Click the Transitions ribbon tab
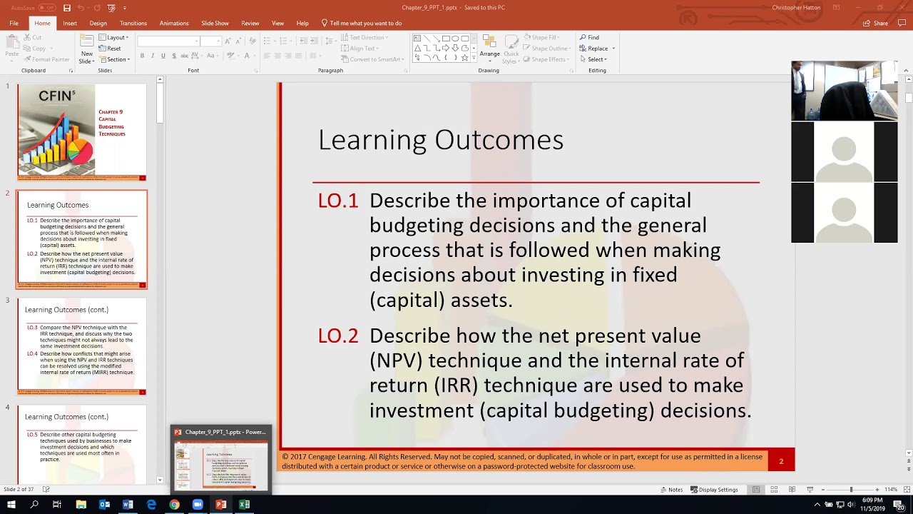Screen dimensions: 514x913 coord(133,23)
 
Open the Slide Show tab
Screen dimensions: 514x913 coord(215,23)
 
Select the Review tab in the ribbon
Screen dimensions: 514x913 coord(250,23)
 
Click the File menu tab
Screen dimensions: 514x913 coord(14,23)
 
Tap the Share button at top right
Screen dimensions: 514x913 coord(876,23)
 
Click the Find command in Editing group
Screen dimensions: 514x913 coord(590,37)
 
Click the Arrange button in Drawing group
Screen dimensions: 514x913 coord(489,48)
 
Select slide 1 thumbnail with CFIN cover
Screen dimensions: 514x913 coord(82,132)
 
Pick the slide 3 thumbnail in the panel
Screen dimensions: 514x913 coord(82,346)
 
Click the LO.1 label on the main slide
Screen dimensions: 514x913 coord(338,201)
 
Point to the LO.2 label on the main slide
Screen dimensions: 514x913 coord(338,336)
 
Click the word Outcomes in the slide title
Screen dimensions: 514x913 coord(499,140)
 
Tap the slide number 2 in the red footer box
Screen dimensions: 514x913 coord(781,461)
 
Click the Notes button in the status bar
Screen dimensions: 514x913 coord(671,490)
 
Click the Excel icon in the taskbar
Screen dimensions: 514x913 coord(244,505)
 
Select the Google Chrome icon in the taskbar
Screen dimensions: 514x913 coord(174,505)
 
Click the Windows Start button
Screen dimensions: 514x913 coord(11,505)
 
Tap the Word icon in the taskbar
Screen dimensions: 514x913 coord(128,505)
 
